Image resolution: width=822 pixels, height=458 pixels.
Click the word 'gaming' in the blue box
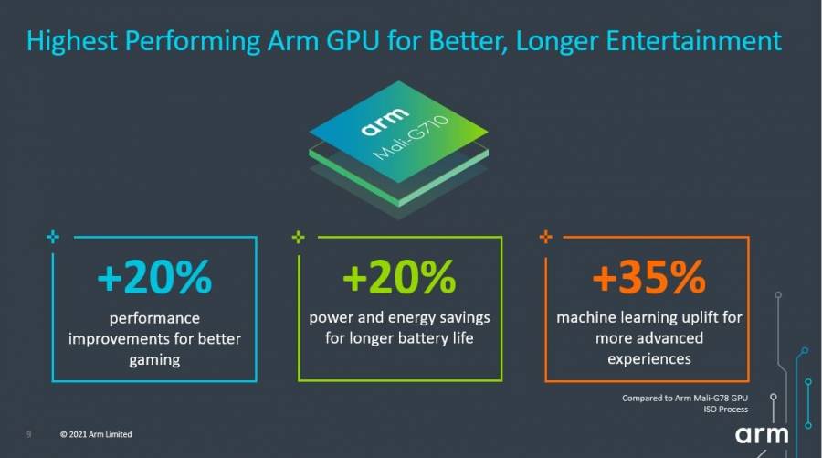click(x=154, y=360)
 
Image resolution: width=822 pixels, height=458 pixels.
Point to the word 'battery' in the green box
click(x=427, y=338)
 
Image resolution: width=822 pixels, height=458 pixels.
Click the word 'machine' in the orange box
click(x=586, y=317)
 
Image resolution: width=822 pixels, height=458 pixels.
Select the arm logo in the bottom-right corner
click(x=769, y=433)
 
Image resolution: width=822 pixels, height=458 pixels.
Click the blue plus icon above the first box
click(x=52, y=237)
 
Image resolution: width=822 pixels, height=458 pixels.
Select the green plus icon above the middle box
click(x=298, y=237)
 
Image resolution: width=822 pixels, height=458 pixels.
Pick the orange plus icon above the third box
click(x=545, y=237)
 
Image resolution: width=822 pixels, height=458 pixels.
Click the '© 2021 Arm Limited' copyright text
click(x=96, y=434)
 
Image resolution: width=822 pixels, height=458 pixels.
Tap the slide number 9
click(x=29, y=434)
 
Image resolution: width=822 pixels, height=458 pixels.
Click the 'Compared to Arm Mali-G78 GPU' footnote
click(x=684, y=398)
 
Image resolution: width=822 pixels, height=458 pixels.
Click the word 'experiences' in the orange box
click(x=648, y=359)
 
